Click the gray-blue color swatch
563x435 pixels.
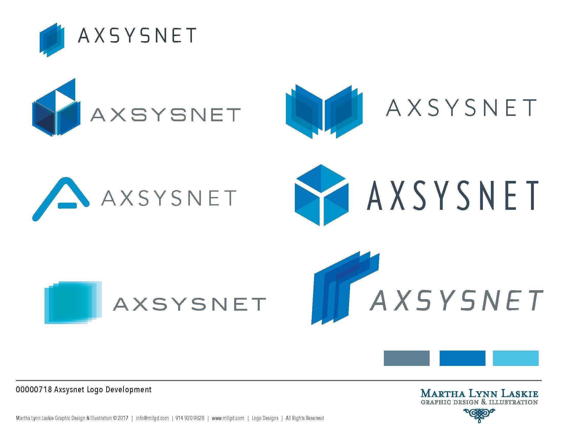pos(407,358)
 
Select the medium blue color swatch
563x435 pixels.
pos(462,358)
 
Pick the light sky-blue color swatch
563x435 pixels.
pos(516,358)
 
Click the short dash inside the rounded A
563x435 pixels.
pos(67,205)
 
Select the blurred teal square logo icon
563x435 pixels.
pos(73,302)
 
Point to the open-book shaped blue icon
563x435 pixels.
pos(324,111)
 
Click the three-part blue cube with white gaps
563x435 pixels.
pos(321,195)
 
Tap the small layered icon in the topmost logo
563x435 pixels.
pos(52,40)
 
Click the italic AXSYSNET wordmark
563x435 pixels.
pos(456,300)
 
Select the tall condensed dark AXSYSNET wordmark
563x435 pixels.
pos(453,195)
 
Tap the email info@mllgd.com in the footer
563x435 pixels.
pos(152,418)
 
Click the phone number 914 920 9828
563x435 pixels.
pos(190,418)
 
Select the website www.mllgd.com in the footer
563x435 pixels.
pos(228,418)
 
